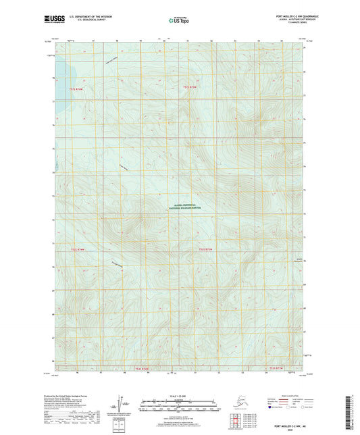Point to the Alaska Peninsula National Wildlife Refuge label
180,209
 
